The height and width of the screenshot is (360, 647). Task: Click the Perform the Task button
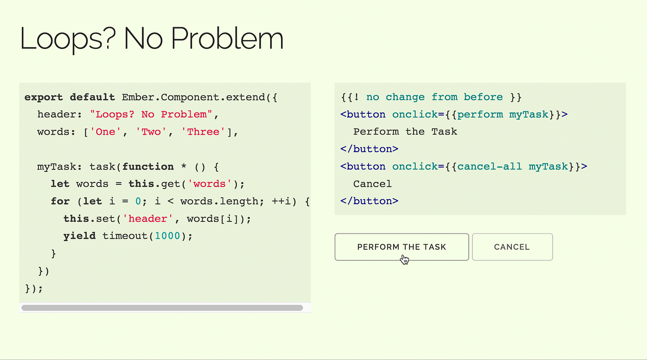point(402,247)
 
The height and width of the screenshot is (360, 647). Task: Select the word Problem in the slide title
point(227,39)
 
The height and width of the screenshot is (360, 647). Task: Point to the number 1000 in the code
point(167,236)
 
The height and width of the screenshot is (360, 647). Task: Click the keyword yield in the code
point(79,236)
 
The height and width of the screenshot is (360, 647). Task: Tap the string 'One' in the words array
point(106,132)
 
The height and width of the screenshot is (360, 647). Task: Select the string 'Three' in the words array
point(203,132)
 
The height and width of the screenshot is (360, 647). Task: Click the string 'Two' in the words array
point(151,132)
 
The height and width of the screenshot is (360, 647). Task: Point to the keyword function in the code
point(148,167)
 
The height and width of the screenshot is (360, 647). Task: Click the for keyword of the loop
point(60,201)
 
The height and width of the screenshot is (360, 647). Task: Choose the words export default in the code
point(69,97)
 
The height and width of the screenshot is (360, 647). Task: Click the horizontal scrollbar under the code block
point(162,308)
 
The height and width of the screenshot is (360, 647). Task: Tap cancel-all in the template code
point(490,167)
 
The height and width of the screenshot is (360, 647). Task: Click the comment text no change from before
point(434,97)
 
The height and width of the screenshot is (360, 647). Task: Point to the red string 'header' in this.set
point(148,219)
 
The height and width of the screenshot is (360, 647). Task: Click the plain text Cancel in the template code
point(372,184)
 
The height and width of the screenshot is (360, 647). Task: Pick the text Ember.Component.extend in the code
point(193,97)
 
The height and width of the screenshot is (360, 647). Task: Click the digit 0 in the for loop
point(138,201)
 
